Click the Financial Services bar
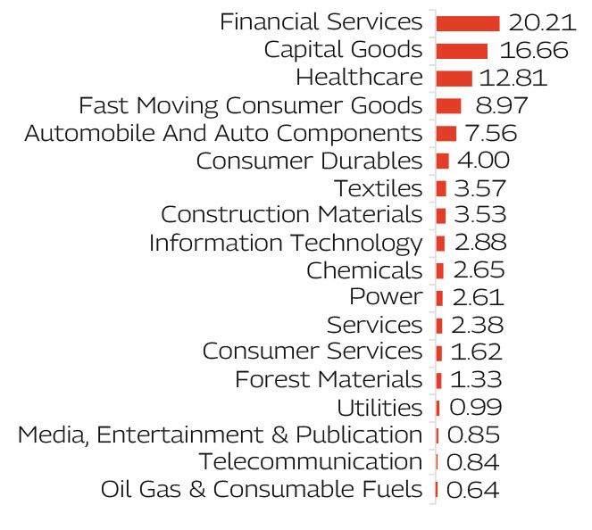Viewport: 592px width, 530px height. (x=467, y=22)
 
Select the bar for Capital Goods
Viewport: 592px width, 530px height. (x=462, y=50)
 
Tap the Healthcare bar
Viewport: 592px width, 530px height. (x=454, y=78)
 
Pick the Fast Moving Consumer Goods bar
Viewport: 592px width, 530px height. (x=448, y=105)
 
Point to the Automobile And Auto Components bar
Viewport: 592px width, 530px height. (x=446, y=133)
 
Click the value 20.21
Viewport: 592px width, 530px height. (x=538, y=22)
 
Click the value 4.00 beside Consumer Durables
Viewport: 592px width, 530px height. (x=482, y=161)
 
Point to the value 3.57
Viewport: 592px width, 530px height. (x=480, y=188)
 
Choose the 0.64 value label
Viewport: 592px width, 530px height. (x=472, y=490)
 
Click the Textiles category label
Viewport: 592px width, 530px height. (x=378, y=188)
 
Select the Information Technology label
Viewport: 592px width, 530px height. (x=286, y=243)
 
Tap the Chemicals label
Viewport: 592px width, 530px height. (x=364, y=270)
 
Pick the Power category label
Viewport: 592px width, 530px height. (x=386, y=297)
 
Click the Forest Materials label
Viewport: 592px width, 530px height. (x=329, y=380)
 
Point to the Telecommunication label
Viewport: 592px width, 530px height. (x=310, y=462)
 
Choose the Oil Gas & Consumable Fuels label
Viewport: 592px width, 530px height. (x=262, y=490)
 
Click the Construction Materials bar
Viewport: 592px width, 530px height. (x=441, y=215)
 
